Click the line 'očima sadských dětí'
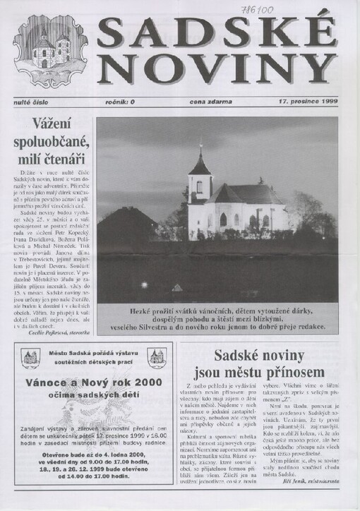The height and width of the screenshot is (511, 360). coord(92,399)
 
